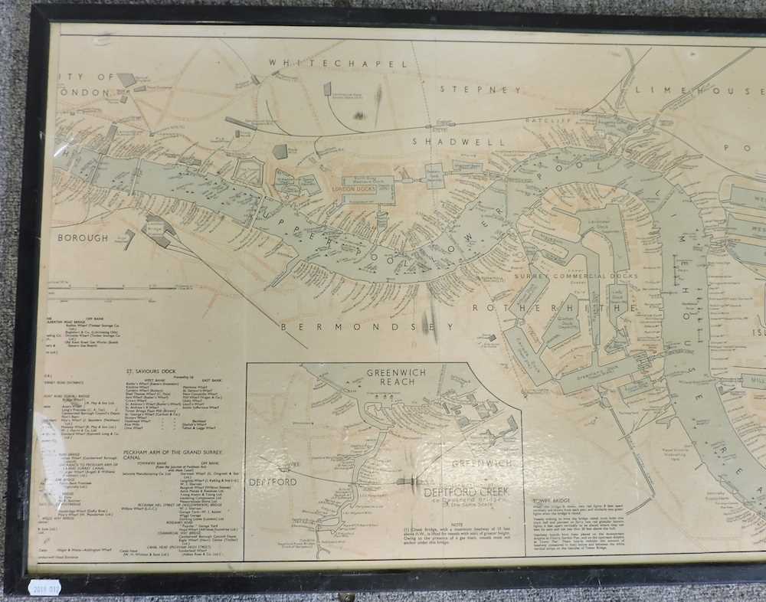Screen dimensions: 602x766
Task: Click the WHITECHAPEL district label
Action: click(x=338, y=63)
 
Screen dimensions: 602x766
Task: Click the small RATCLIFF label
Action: click(x=545, y=121)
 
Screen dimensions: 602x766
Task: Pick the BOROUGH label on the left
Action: click(x=82, y=238)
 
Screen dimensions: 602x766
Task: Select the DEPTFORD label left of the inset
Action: click(x=273, y=482)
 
